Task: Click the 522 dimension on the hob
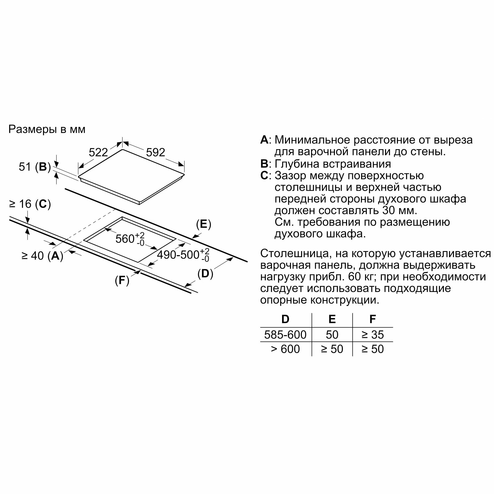98,152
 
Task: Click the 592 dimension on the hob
155,152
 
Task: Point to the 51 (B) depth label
35,167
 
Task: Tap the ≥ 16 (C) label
30,204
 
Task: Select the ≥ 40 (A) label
42,256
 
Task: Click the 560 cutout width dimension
130,239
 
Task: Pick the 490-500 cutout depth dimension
183,255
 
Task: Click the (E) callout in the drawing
204,224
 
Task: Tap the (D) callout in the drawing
205,274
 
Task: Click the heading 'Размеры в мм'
47,129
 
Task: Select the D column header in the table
285,319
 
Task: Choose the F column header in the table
372,319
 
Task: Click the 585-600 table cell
285,335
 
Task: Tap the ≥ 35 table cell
372,335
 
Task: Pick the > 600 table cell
285,349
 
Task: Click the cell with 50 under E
332,335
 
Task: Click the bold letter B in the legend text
264,164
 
